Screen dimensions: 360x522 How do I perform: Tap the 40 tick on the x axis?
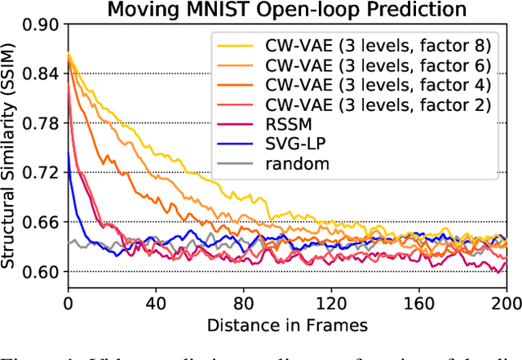tap(155, 301)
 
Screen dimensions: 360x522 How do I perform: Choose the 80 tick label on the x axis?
tap(243, 301)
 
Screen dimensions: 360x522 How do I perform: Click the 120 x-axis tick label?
tap(331, 301)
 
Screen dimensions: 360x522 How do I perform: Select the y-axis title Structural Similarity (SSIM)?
tap(11, 149)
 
